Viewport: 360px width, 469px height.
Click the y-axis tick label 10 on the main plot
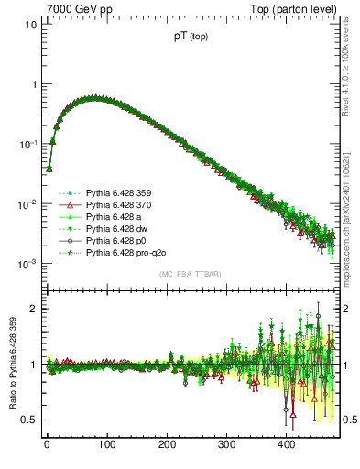click(x=30, y=25)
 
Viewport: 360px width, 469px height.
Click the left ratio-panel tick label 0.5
click(x=28, y=420)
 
